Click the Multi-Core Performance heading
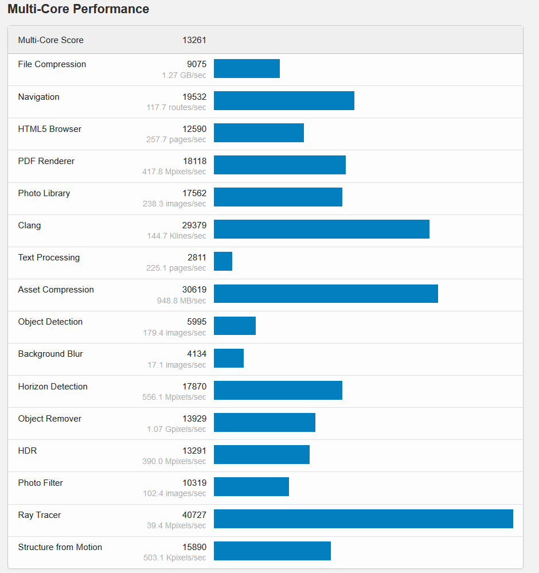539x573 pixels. pos(78,9)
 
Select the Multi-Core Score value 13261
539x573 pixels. pos(194,40)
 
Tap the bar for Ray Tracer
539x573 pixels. pos(363,519)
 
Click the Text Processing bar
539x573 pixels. pos(223,261)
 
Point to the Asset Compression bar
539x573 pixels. pos(326,293)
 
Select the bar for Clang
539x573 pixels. pos(321,229)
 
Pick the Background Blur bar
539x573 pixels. pos(229,358)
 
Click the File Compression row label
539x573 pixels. pos(52,64)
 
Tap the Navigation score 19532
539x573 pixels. pos(194,97)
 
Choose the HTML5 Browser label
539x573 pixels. pos(50,129)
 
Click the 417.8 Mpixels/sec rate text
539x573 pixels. pos(174,171)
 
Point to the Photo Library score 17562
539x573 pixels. pos(194,193)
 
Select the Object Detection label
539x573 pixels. pos(50,322)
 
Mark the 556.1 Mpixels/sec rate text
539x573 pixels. pos(174,397)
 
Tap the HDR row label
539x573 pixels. pos(28,451)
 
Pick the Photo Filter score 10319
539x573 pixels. pos(194,483)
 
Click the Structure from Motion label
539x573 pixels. pos(60,547)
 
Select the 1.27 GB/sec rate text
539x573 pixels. pos(183,75)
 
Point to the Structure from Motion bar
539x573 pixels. pos(272,551)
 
